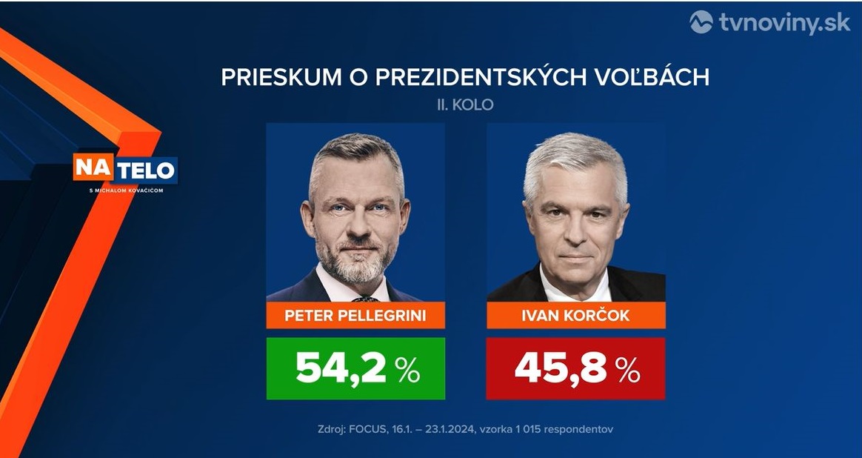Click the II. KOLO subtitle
pos(465,104)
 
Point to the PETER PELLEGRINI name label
pos(355,316)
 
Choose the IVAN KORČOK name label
pos(575,316)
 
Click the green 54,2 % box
pos(355,368)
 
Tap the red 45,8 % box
pos(575,368)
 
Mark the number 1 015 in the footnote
pos(523,429)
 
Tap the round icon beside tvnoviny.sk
pos(701,22)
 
